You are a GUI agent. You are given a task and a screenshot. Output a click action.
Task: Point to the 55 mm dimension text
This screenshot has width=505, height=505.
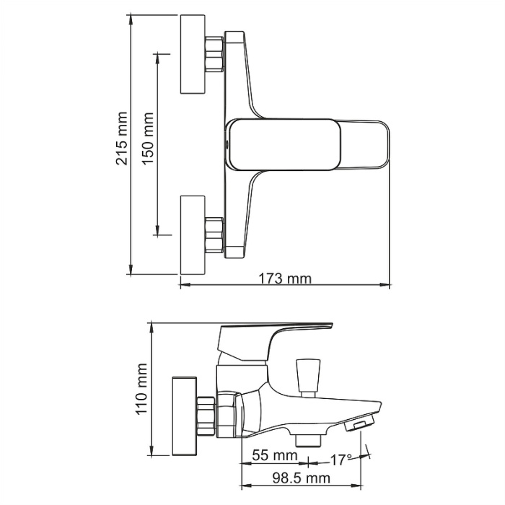[274, 456]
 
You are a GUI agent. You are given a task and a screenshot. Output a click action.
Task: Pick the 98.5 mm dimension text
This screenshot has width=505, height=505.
[297, 478]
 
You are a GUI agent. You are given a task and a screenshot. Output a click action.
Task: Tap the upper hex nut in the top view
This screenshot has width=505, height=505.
[215, 55]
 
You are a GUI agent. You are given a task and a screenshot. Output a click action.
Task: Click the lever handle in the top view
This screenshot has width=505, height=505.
[310, 144]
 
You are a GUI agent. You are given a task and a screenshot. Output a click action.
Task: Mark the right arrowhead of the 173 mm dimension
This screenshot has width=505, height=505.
[387, 286]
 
